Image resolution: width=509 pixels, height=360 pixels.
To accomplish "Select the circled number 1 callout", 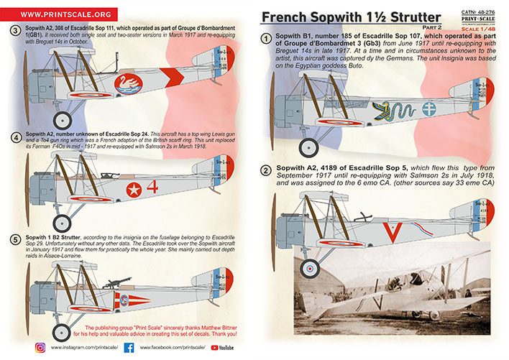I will click(x=266, y=37).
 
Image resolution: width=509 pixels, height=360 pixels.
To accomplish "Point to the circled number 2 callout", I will click(x=266, y=171).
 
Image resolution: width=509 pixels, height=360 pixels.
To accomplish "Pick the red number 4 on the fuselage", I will click(x=152, y=188).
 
